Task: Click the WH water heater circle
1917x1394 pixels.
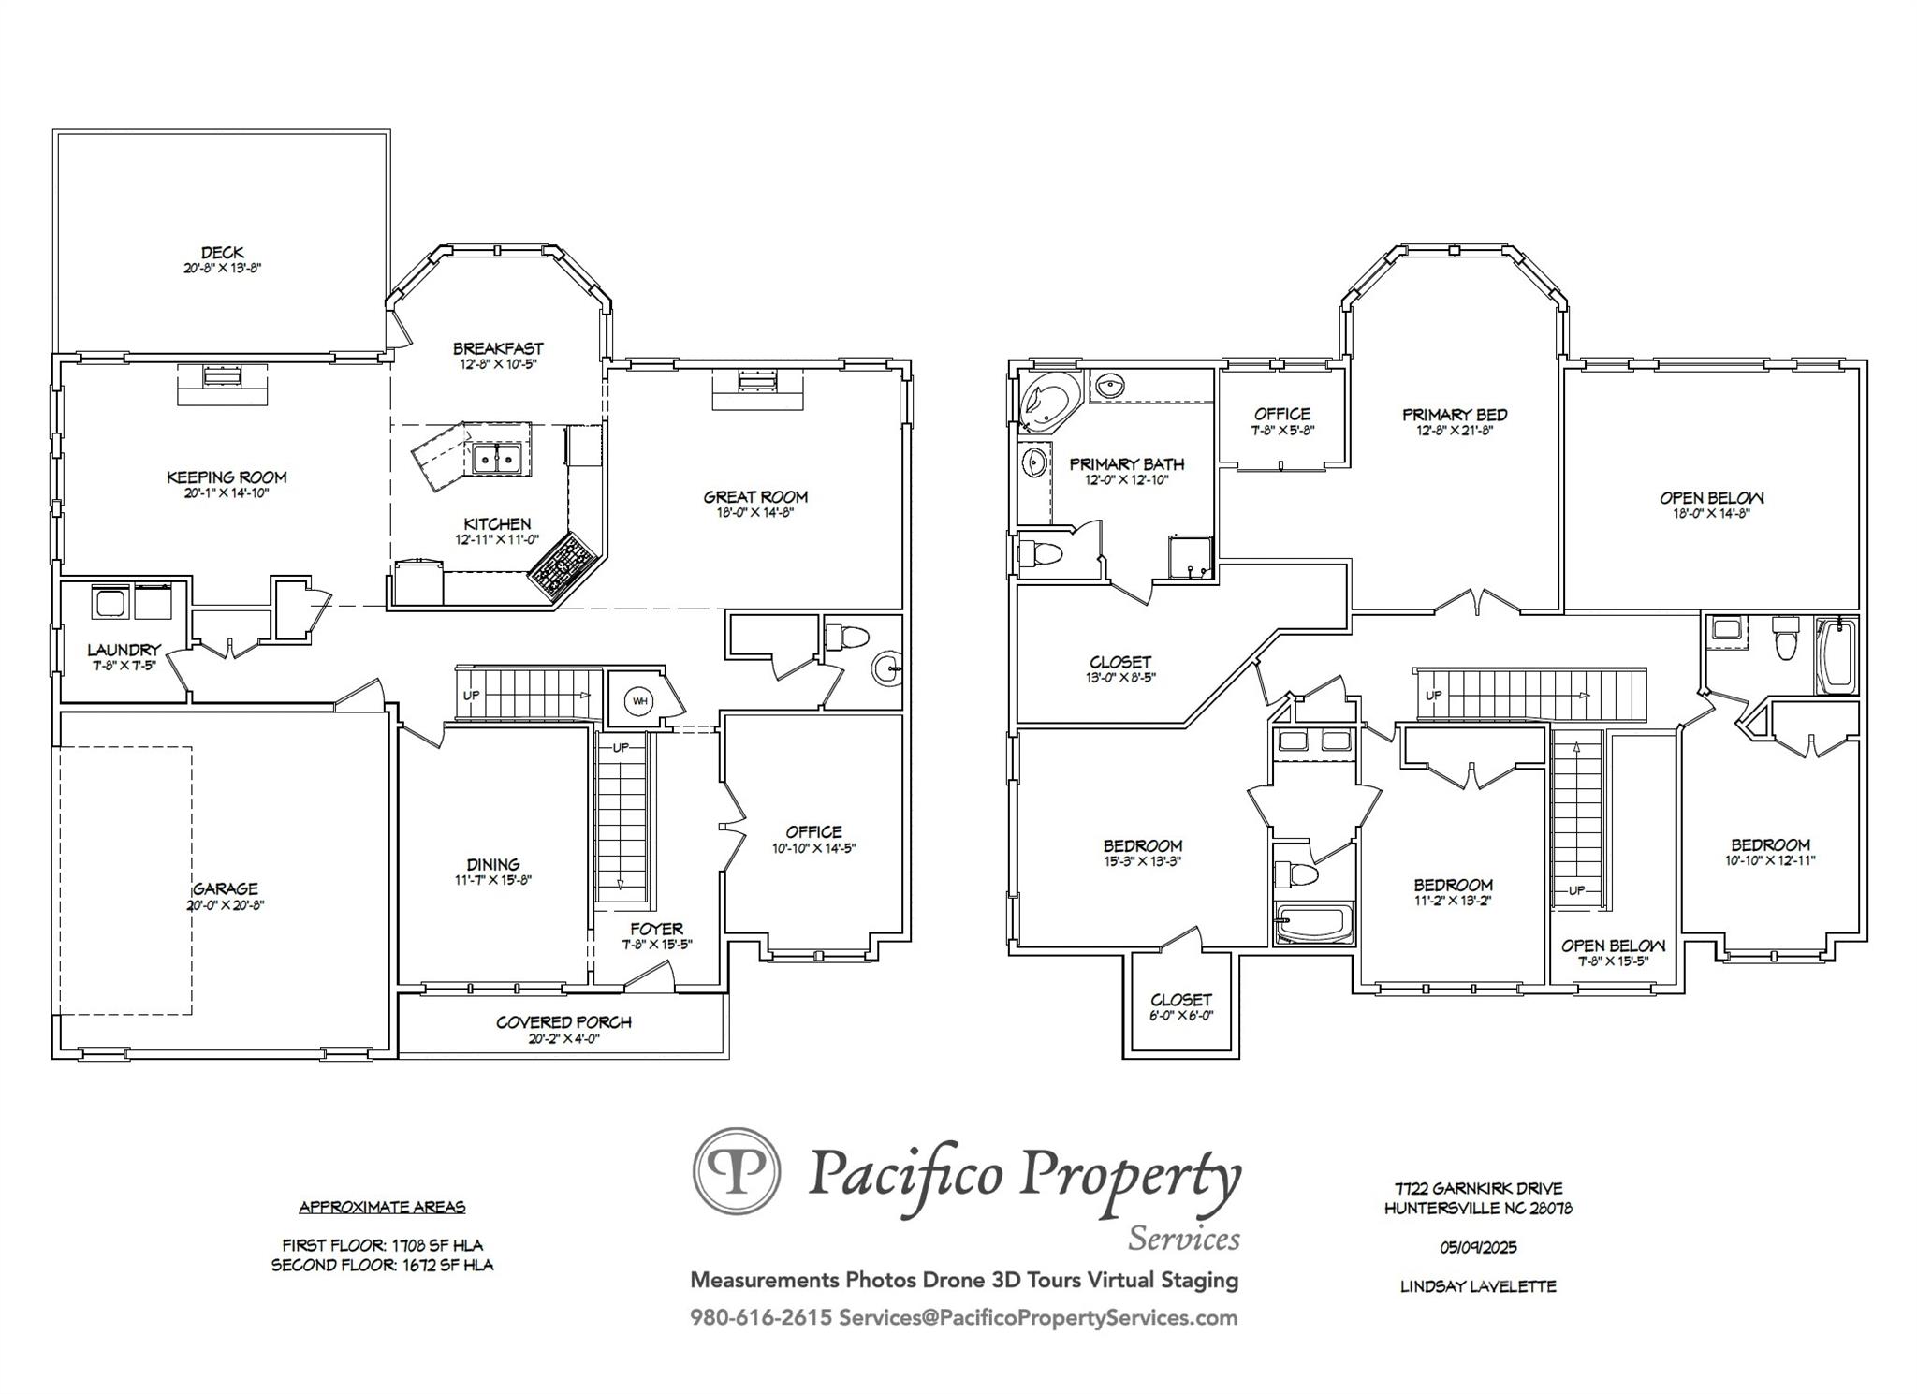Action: click(x=640, y=700)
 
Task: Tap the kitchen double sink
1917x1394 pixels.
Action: click(x=497, y=459)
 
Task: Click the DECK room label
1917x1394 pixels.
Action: click(x=223, y=252)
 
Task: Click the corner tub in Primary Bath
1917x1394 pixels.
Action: click(x=1050, y=401)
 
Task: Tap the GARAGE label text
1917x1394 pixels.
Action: click(x=226, y=888)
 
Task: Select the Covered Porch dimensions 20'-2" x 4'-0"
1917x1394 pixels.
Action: click(x=563, y=1038)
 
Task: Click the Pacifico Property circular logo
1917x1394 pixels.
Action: click(x=737, y=1170)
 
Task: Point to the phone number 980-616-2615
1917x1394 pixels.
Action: click(x=761, y=1318)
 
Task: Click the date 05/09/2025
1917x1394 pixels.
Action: click(x=1478, y=1247)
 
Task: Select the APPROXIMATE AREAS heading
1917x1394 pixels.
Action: click(x=382, y=1207)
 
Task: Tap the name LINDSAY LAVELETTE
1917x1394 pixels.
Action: click(x=1478, y=1286)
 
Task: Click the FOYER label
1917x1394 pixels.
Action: click(x=656, y=929)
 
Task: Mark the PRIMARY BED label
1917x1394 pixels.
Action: click(x=1455, y=415)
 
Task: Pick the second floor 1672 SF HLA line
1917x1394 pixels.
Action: click(x=382, y=1265)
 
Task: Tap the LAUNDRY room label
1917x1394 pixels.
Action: click(x=124, y=650)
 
